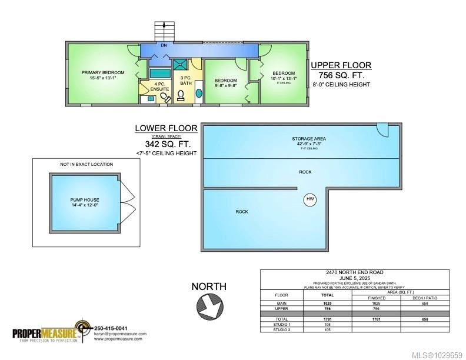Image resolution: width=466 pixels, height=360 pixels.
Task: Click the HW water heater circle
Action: coord(310,199)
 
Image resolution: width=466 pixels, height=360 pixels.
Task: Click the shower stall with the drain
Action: coord(180,66)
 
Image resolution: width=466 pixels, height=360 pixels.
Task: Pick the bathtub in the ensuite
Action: coord(158,74)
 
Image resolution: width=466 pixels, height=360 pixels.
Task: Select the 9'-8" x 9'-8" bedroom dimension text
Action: coord(225,86)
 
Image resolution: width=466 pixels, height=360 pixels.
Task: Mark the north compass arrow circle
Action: coord(208,305)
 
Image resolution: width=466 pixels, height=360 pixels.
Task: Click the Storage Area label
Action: coord(308,139)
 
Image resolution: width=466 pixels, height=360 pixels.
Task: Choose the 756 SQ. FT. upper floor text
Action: coord(341,75)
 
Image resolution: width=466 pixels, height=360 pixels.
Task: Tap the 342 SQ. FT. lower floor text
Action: coord(168,144)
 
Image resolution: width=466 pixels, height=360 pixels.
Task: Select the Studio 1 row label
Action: coord(282,324)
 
